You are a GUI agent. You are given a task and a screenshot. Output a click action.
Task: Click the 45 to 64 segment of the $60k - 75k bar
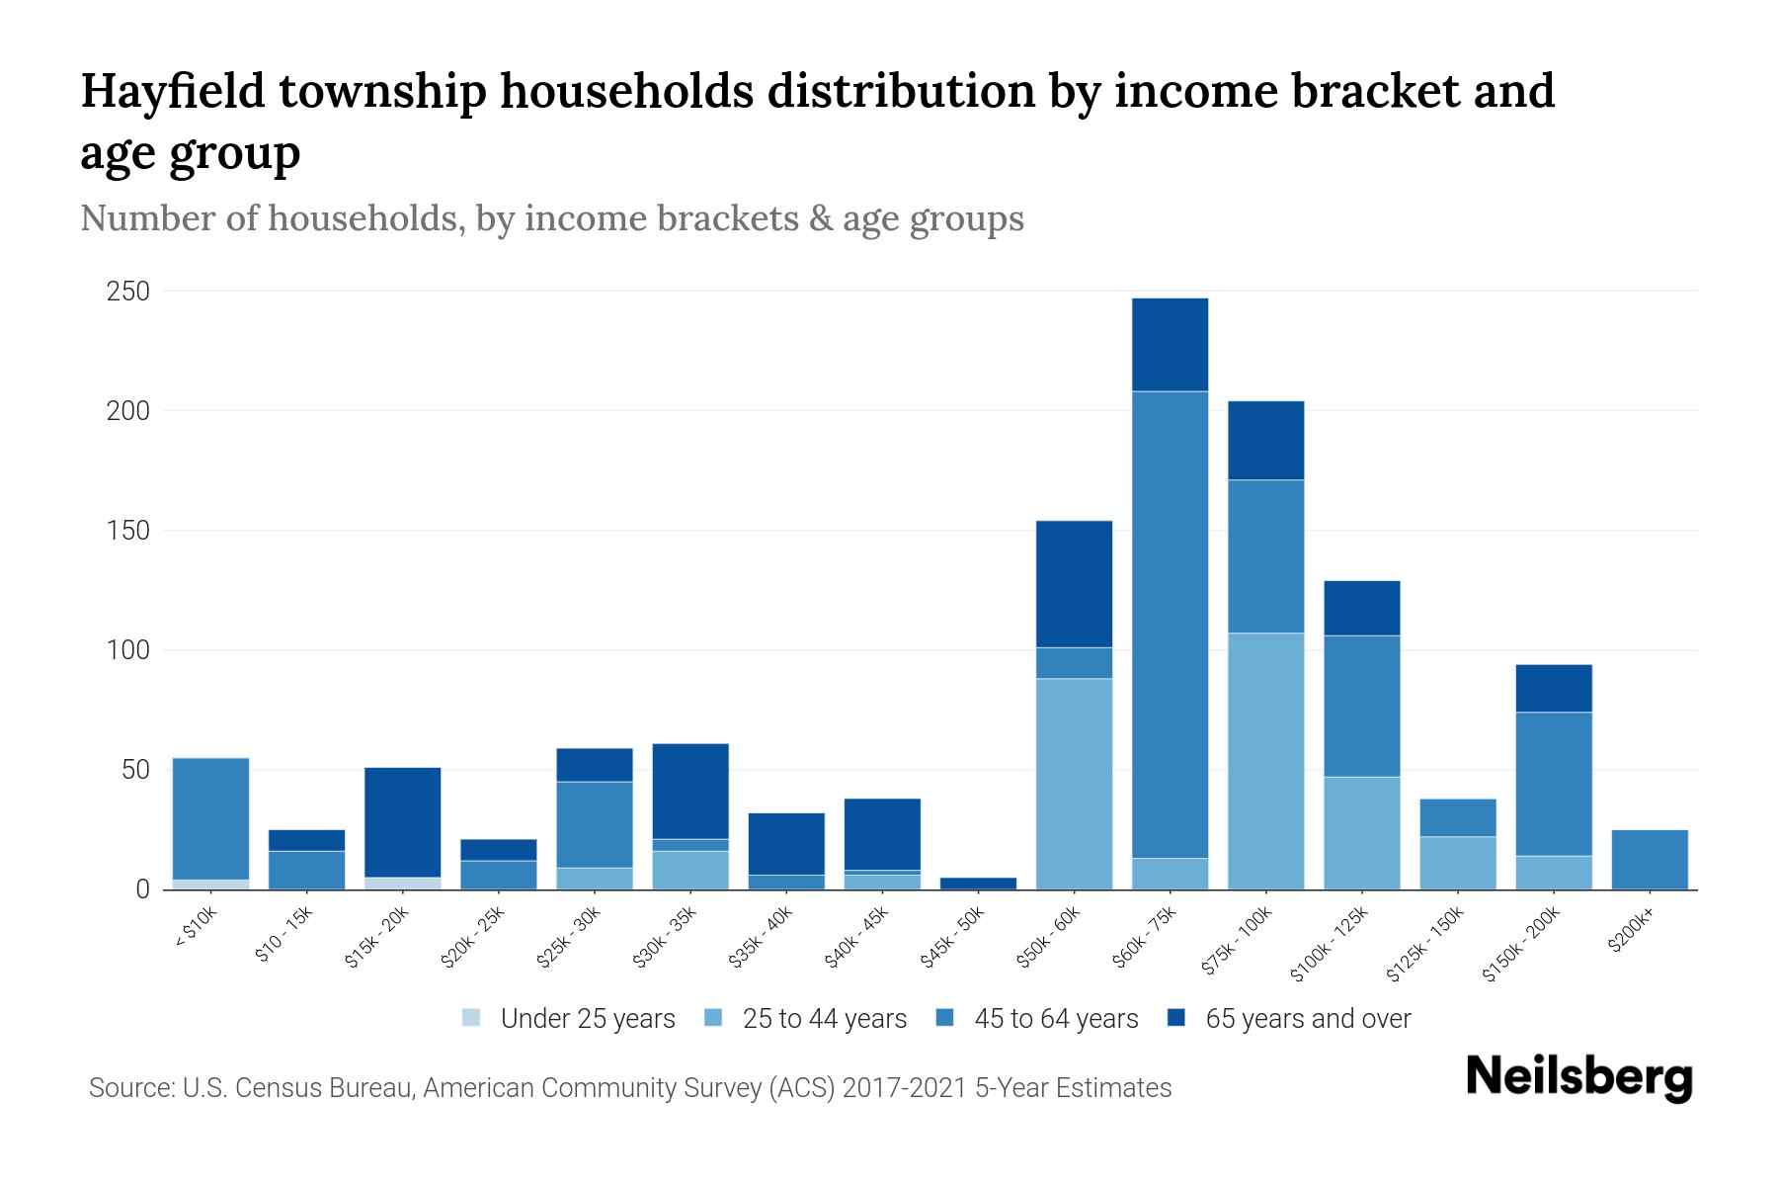point(1170,623)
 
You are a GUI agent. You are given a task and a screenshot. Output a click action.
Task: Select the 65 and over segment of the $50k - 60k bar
point(1074,583)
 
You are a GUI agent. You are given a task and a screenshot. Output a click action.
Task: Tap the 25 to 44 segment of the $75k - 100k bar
point(1265,761)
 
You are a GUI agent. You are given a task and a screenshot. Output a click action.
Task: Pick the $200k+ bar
point(1650,860)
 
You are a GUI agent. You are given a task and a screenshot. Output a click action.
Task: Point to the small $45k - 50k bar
point(978,883)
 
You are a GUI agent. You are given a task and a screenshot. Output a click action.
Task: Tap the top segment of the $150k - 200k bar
point(1554,688)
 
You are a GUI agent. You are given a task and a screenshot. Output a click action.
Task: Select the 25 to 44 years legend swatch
point(713,1018)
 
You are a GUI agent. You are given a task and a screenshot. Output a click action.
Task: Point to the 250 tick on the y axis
point(128,292)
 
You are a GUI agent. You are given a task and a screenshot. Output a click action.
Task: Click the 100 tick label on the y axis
point(128,650)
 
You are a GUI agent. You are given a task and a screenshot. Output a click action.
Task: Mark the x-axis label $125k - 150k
point(1424,944)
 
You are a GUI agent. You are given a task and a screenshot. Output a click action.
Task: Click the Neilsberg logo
point(1578,1077)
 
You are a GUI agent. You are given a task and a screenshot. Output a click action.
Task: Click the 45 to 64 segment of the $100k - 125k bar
point(1361,706)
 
